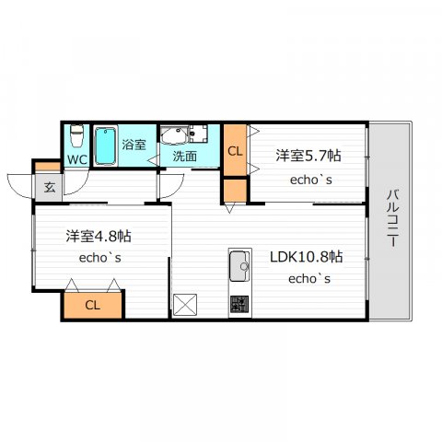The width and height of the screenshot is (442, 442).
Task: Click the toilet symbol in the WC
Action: tap(76, 136)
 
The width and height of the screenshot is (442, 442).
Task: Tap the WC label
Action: tap(77, 159)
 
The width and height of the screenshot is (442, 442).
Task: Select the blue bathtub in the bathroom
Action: tap(105, 146)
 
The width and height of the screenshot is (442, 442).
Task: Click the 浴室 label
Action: tap(134, 145)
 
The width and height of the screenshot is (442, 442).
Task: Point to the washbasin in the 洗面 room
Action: tap(174, 134)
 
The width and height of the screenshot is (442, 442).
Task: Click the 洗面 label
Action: tap(184, 156)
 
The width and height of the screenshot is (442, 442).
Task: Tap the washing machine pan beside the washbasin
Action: tap(198, 134)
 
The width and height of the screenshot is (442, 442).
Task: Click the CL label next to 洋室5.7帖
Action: tap(235, 151)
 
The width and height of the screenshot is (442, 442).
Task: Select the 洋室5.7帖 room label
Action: tap(308, 156)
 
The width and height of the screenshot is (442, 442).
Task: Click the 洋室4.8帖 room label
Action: tap(99, 236)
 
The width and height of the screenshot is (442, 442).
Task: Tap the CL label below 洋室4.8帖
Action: tap(92, 305)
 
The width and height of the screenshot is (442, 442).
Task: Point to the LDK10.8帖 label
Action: tap(307, 256)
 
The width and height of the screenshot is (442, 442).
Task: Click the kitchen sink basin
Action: tap(239, 266)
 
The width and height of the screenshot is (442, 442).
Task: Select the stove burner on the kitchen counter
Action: tap(239, 305)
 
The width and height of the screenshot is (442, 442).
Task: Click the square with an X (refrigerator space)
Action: tap(185, 305)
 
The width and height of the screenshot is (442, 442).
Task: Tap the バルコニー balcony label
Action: tap(392, 218)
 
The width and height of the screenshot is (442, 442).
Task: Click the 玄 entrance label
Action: tap(50, 188)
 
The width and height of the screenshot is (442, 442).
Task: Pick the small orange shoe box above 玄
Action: tap(48, 167)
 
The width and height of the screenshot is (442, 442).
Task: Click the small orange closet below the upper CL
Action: tap(235, 191)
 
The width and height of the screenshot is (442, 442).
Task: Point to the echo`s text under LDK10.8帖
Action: tap(309, 279)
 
